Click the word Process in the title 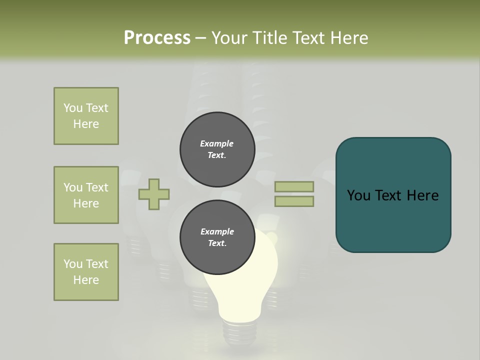[157, 38]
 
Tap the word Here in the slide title [347, 38]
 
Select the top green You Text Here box [86, 116]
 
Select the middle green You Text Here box [86, 195]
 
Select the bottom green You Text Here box [86, 272]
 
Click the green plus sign [154, 194]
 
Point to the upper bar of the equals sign [294, 186]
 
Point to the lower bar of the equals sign [294, 201]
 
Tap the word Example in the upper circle [216, 143]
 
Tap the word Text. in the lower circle [217, 243]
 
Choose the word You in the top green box [73, 108]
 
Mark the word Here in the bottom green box [86, 280]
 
